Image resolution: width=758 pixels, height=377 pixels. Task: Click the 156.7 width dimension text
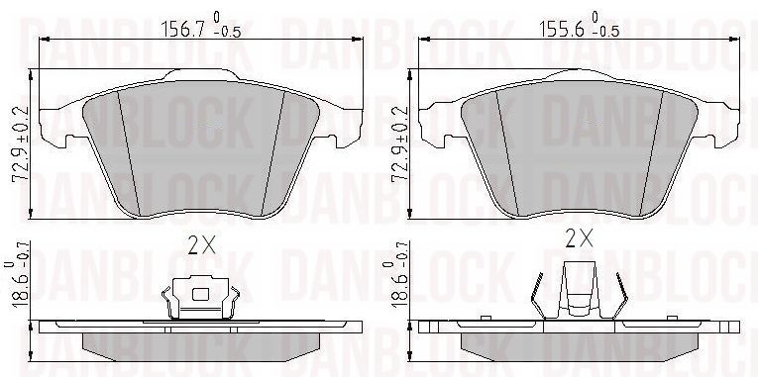(182, 30)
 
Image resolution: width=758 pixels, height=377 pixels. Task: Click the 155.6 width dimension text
(561, 30)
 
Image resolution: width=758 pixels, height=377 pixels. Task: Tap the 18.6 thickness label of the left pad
(19, 280)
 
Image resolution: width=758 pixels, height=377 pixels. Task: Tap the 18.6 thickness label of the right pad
(399, 280)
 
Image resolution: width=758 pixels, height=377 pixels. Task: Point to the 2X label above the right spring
(579, 237)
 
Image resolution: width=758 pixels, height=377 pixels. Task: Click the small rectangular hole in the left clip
(200, 294)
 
